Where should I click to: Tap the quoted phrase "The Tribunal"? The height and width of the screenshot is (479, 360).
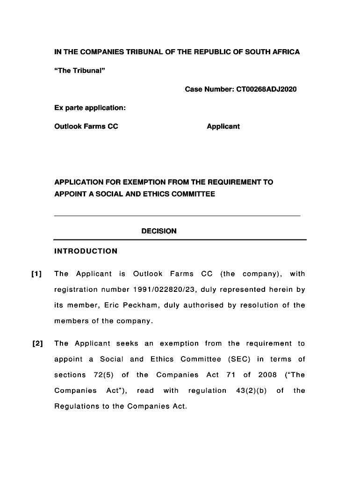click(x=79, y=70)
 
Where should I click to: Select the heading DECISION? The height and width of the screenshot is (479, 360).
click(x=159, y=231)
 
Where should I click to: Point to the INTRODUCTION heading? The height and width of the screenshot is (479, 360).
click(x=86, y=251)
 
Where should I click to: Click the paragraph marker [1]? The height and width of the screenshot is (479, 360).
click(x=36, y=274)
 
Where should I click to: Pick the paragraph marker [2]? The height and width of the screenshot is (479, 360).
click(x=37, y=344)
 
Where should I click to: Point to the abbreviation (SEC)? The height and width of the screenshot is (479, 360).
click(x=239, y=359)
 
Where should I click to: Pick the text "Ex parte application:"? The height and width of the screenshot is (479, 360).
click(x=90, y=108)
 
